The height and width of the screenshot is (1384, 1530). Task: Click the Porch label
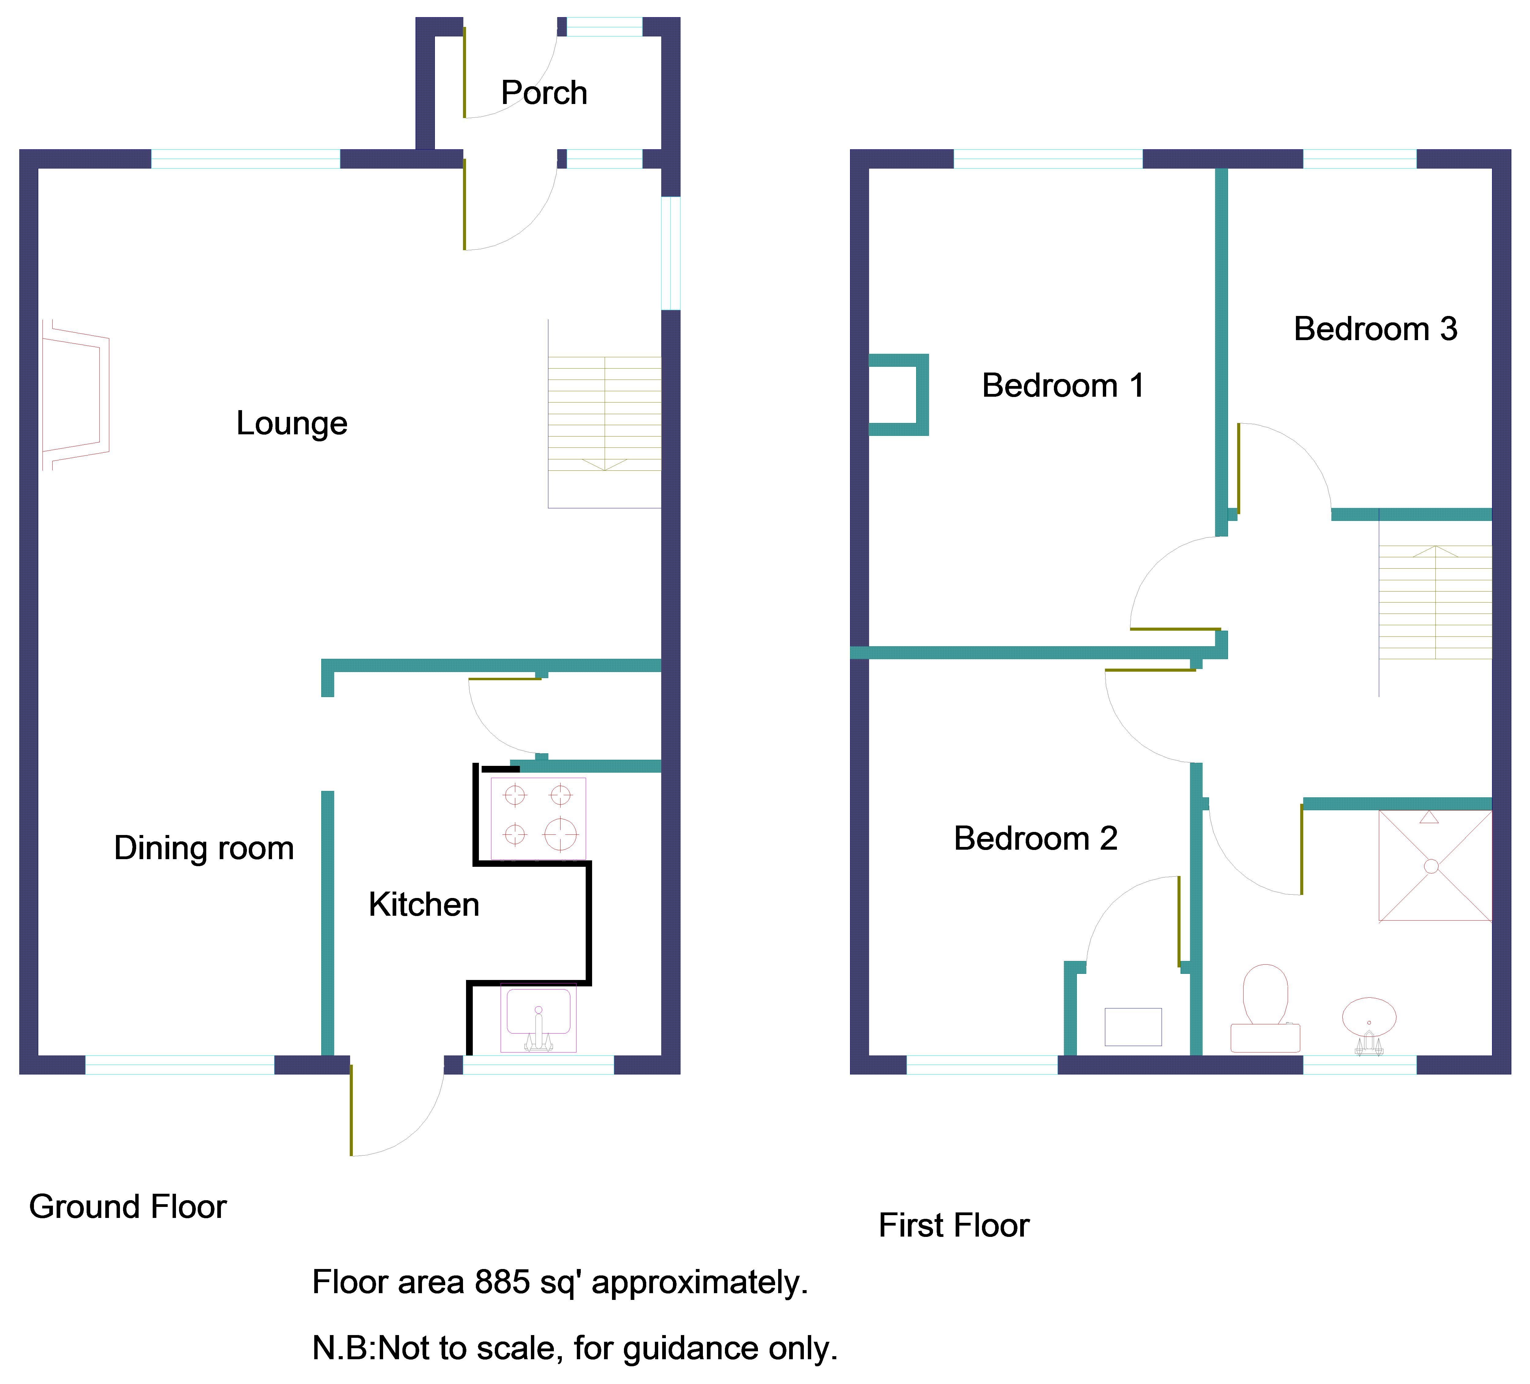coord(544,93)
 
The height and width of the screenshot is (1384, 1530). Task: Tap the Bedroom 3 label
coord(1375,329)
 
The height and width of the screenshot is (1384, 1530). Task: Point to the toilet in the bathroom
coord(1265,1009)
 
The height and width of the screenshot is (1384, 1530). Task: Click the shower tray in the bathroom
coord(1435,866)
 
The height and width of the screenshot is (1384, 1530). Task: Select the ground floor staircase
coord(604,414)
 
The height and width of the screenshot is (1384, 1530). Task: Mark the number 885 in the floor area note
coord(502,1282)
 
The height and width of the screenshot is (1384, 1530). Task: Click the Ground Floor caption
coord(128,1207)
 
